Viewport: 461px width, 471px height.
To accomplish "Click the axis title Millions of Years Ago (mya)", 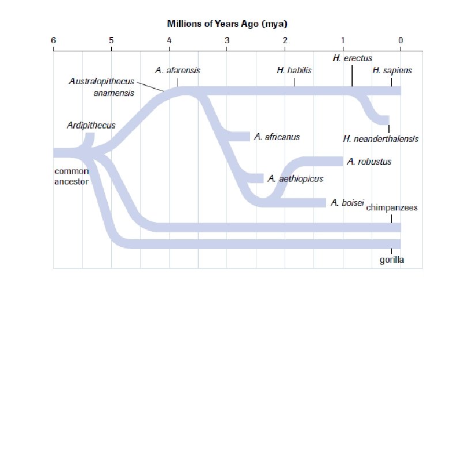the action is click(x=227, y=24).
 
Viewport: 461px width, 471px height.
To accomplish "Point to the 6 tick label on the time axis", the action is click(x=53, y=40).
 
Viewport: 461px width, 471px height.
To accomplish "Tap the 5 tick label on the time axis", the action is click(x=111, y=40).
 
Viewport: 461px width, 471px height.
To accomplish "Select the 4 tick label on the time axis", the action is click(x=169, y=40).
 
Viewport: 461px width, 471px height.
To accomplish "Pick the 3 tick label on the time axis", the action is click(x=227, y=40).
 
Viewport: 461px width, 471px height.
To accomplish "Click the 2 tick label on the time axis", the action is click(x=285, y=40).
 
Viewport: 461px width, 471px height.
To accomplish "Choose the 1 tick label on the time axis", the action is click(x=343, y=40).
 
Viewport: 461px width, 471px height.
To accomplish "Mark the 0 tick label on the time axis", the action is click(x=400, y=40).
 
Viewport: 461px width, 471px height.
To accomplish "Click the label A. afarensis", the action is click(x=178, y=70).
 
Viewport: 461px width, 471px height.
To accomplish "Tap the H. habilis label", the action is click(x=294, y=70).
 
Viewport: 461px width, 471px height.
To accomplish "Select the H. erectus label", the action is click(x=353, y=58).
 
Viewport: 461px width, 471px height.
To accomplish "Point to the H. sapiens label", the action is click(x=392, y=70).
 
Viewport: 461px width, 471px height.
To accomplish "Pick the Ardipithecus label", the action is click(x=91, y=125).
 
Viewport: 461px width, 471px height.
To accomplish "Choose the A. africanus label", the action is click(x=277, y=137).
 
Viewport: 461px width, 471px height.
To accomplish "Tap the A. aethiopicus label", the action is click(x=296, y=179).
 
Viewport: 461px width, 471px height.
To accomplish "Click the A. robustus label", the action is click(x=369, y=161).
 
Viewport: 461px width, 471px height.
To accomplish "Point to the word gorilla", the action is click(x=392, y=260).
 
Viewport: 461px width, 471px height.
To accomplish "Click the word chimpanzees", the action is click(x=392, y=208).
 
